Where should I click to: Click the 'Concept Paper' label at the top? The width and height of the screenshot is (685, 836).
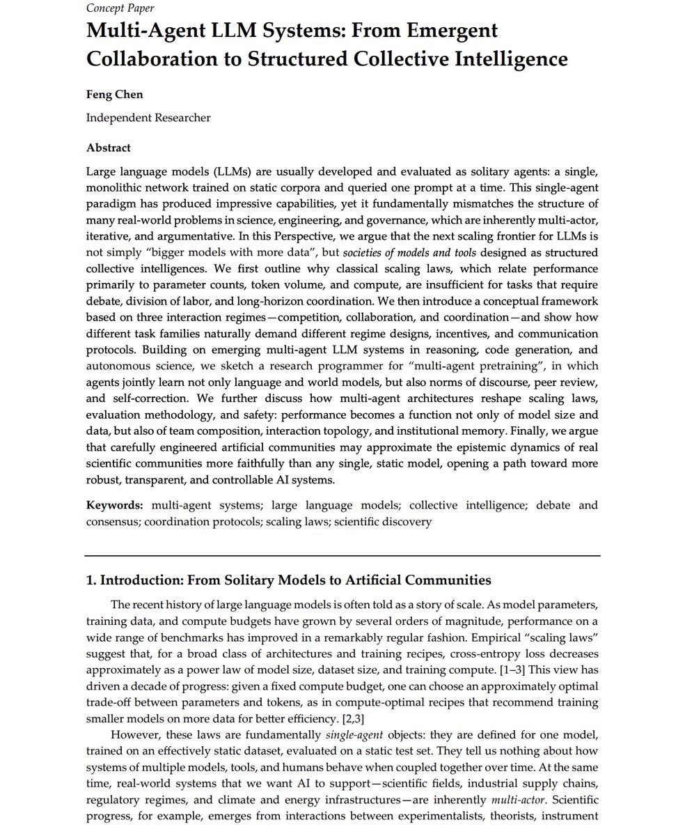tap(120, 8)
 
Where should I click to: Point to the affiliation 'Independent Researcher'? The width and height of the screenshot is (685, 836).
tap(148, 118)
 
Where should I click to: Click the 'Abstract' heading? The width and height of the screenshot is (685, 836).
tap(108, 148)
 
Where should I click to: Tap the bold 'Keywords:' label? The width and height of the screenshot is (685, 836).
tap(115, 505)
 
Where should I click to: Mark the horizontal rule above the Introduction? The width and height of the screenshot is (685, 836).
tap(342, 555)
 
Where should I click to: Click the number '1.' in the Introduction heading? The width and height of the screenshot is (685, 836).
tap(92, 580)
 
